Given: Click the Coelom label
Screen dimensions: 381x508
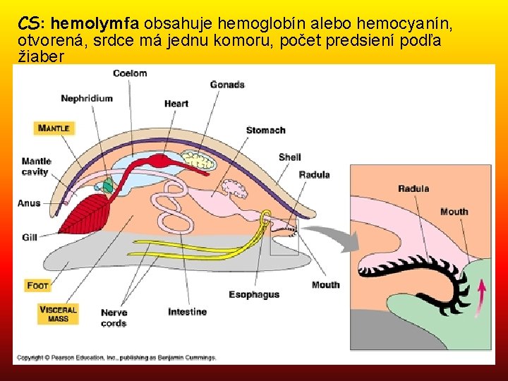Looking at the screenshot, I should click(130, 73).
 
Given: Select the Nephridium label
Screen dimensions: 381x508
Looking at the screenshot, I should click(86, 98).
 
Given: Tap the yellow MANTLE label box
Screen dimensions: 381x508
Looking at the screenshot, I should click(54, 128).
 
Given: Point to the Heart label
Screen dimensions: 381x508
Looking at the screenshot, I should click(176, 104).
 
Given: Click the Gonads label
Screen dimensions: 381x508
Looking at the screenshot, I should click(227, 85).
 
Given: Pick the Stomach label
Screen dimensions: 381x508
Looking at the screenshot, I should click(265, 130).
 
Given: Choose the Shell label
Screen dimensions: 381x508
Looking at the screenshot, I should click(289, 157).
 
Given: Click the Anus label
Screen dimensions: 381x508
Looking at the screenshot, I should click(29, 203).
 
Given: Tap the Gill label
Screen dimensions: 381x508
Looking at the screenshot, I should click(29, 237).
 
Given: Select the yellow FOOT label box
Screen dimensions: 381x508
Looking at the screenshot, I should click(37, 286).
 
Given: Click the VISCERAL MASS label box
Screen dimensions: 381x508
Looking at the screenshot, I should click(58, 314).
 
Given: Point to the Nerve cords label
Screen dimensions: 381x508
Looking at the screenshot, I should click(114, 317).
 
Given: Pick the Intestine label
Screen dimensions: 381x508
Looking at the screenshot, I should click(187, 312).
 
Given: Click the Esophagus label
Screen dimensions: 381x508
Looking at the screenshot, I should click(254, 294).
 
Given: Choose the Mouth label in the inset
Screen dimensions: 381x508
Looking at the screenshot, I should click(454, 212).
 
